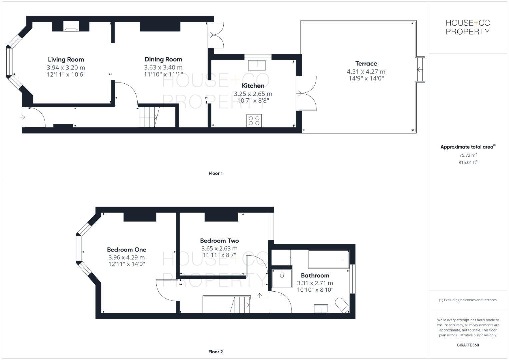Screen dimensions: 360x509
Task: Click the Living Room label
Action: pyautogui.click(x=66, y=60)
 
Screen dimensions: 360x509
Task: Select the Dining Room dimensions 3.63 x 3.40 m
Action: pyautogui.click(x=163, y=67)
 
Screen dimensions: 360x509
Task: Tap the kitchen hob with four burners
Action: pyautogui.click(x=254, y=121)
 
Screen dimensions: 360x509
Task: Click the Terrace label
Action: pyautogui.click(x=366, y=64)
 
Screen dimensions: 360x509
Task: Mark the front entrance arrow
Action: pyautogui.click(x=22, y=117)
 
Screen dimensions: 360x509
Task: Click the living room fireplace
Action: pyautogui.click(x=71, y=27)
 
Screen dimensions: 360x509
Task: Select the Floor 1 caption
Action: pyautogui.click(x=215, y=173)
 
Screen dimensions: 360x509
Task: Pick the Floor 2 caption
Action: pyautogui.click(x=215, y=352)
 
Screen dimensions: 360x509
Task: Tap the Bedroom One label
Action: pyautogui.click(x=126, y=250)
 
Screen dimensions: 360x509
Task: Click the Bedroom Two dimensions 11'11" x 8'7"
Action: pyautogui.click(x=219, y=255)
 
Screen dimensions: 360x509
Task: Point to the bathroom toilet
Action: pyautogui.click(x=342, y=305)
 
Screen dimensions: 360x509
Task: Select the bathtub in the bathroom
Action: pyautogui.click(x=329, y=259)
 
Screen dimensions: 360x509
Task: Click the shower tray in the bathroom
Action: pyautogui.click(x=282, y=278)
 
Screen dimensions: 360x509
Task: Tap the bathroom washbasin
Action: pyautogui.click(x=321, y=309)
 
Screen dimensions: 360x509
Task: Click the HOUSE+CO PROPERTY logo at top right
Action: pyautogui.click(x=468, y=27)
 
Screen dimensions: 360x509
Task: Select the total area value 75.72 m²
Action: pyautogui.click(x=468, y=155)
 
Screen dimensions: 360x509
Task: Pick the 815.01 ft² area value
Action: pyautogui.click(x=468, y=163)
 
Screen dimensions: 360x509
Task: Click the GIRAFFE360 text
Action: pyautogui.click(x=468, y=345)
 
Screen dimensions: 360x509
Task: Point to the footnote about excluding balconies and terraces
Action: pyautogui.click(x=468, y=300)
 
